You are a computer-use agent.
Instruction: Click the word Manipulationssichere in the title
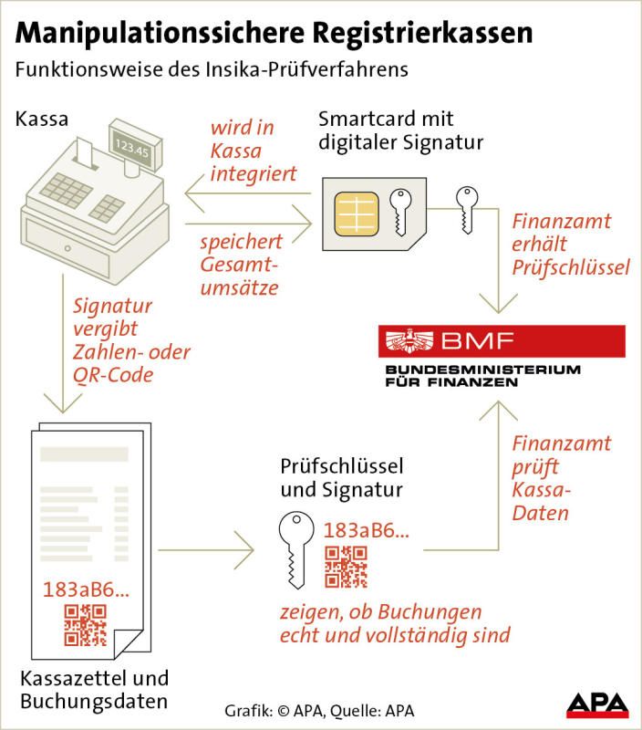(x=159, y=34)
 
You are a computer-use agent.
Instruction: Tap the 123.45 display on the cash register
(x=132, y=147)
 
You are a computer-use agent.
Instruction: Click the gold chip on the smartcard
(x=356, y=214)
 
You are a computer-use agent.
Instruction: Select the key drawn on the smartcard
(x=400, y=213)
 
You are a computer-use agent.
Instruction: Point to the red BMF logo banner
(x=502, y=341)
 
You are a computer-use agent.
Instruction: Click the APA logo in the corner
(x=597, y=704)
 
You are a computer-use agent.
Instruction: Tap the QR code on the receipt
(x=85, y=625)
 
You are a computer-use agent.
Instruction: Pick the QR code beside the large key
(x=346, y=567)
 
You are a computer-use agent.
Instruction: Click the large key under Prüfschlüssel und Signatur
(x=296, y=549)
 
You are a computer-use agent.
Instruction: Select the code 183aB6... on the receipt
(x=86, y=589)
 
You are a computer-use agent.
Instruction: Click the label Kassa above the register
(x=42, y=120)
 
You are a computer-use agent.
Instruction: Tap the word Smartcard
(x=365, y=120)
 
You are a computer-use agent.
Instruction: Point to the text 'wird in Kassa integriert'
(x=254, y=151)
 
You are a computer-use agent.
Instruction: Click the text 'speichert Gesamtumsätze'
(x=241, y=265)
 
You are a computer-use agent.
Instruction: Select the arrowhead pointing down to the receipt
(x=63, y=403)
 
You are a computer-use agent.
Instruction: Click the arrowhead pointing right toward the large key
(x=244, y=550)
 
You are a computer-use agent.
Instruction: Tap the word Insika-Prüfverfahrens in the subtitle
(x=307, y=70)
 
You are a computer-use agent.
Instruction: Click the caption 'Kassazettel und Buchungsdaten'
(x=94, y=690)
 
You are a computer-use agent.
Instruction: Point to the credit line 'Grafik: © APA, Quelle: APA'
(x=319, y=711)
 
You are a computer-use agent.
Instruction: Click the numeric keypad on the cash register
(x=66, y=191)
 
